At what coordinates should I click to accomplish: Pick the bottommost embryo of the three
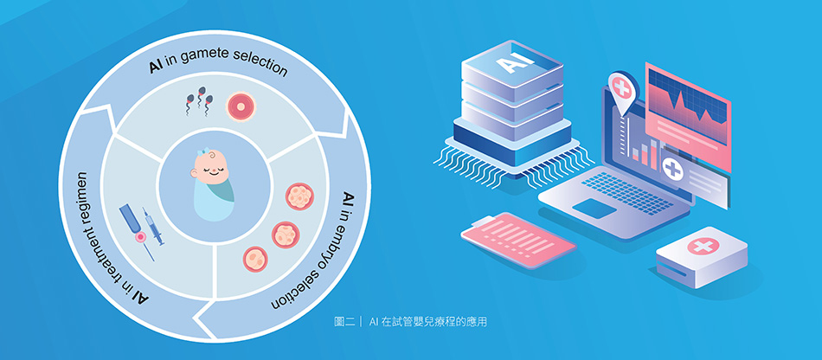255,256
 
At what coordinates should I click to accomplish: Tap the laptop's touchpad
595,208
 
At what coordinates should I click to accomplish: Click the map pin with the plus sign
620,90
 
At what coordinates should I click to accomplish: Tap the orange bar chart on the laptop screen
643,154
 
